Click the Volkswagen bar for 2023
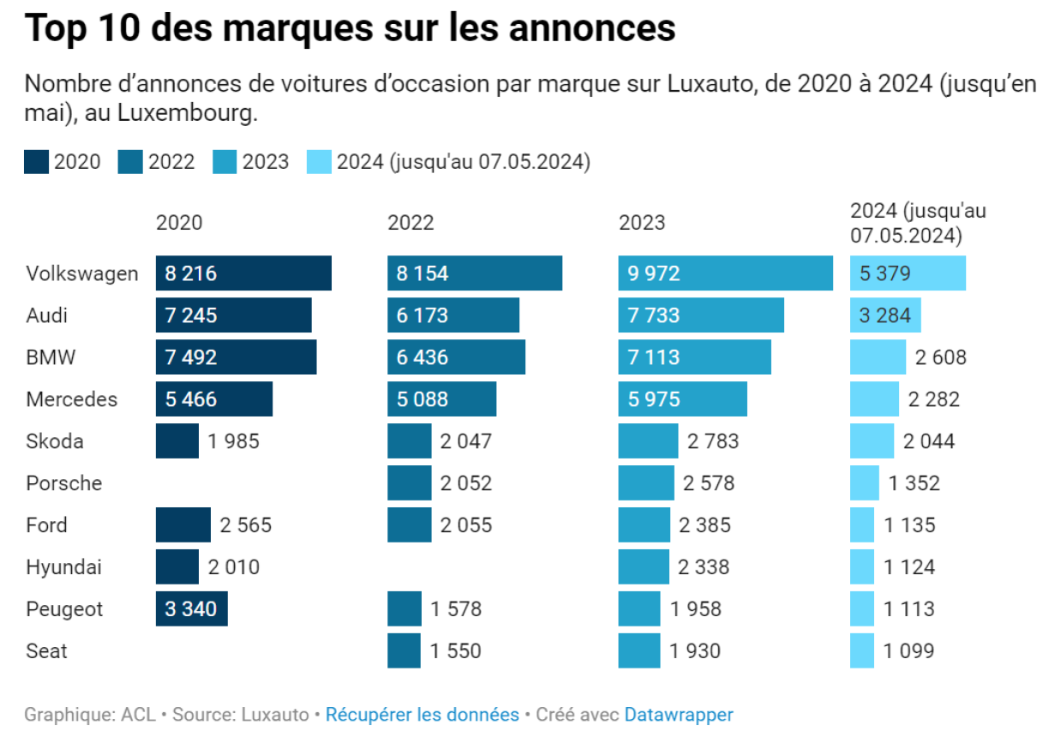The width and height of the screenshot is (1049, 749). click(725, 273)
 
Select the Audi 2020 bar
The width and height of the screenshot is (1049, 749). click(233, 315)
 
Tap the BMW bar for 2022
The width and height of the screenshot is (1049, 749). click(456, 357)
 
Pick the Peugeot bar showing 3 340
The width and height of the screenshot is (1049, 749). click(191, 609)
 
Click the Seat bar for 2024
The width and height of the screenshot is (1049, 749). click(862, 651)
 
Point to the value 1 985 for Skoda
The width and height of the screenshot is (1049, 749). click(233, 441)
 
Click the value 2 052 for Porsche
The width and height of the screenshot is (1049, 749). click(466, 483)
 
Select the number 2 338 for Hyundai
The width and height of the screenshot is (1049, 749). click(704, 567)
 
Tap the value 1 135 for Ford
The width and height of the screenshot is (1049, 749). click(910, 525)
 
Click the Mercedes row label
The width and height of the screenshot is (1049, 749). click(71, 399)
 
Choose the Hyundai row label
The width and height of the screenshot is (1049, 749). click(63, 567)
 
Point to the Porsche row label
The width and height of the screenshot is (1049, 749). click(63, 483)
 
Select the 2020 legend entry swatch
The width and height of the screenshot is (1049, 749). click(36, 162)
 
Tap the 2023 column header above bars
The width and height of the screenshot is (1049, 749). click(642, 223)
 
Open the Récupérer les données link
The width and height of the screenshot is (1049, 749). click(422, 715)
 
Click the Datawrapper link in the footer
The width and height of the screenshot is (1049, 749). click(678, 715)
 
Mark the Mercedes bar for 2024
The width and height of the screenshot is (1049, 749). click(874, 399)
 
